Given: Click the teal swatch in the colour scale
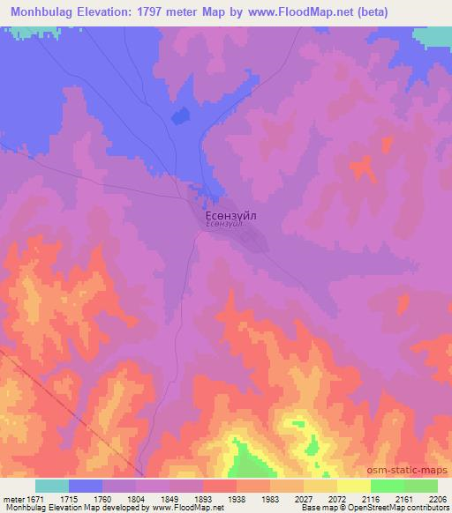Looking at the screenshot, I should click(52, 486).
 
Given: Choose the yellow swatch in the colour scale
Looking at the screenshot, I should click(353, 486).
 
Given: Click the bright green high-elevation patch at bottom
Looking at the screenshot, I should click(245, 458).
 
